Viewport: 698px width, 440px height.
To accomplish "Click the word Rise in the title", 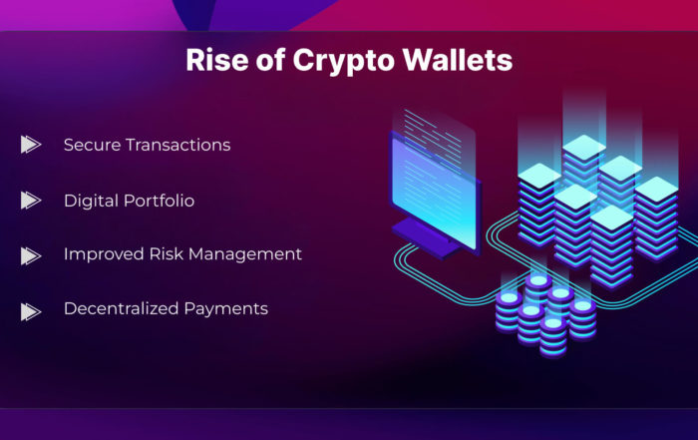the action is coord(217,60).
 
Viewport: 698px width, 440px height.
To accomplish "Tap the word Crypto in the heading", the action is coord(344,62).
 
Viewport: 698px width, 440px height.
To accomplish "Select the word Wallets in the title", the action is coord(458,60).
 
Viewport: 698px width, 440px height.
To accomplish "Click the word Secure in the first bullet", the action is coord(92,145).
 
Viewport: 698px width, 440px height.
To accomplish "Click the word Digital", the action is coord(91,202).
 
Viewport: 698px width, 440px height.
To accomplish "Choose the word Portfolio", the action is coord(159,201).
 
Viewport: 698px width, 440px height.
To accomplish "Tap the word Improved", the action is coord(104,254).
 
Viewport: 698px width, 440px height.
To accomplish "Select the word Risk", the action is coord(167,253).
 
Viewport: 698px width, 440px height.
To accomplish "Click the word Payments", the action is coord(226,309).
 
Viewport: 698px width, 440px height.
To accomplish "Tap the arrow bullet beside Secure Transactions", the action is coord(31,145).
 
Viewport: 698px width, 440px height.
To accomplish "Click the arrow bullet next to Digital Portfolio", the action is coord(31,201).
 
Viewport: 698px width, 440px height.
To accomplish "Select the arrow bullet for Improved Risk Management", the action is coord(31,256).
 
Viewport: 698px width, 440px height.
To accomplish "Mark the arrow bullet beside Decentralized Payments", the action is coord(31,311).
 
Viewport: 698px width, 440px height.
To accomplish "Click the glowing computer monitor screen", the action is coord(434,193).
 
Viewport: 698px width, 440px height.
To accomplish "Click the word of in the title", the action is coord(270,60).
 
